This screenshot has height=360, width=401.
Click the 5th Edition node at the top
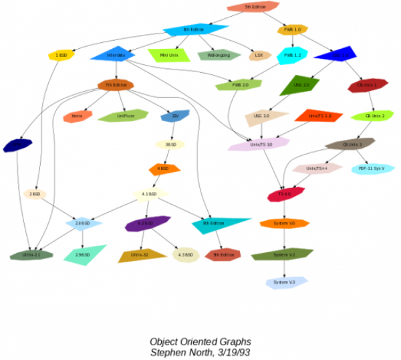tap(255, 7)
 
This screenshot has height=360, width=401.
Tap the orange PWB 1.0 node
tap(293, 29)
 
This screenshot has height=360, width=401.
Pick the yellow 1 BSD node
tap(60, 56)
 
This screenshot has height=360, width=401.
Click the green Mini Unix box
tap(169, 55)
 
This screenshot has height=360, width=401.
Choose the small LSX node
tap(259, 56)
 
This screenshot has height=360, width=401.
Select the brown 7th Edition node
tap(116, 85)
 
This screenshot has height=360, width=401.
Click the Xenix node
tap(77, 116)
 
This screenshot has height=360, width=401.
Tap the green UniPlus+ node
tap(122, 116)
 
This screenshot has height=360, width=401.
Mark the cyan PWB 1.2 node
tap(292, 55)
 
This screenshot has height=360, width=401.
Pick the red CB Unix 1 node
tap(367, 86)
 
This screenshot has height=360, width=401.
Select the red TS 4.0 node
tap(285, 194)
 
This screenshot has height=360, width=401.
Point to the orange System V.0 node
tap(283, 223)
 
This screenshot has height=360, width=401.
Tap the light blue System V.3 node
tap(283, 282)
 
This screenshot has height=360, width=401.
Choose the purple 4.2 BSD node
tap(147, 224)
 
